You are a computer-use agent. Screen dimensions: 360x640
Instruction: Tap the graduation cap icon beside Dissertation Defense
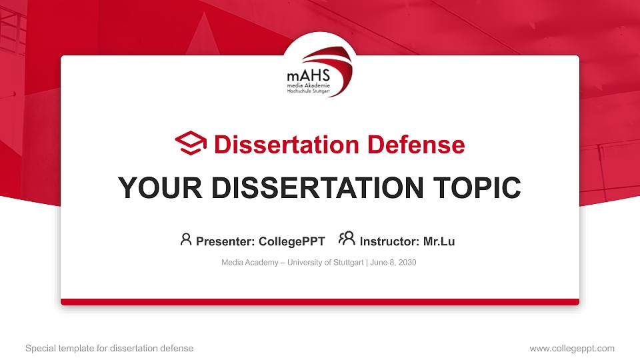coord(191,143)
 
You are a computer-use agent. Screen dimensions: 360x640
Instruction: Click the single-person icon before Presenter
coord(186,239)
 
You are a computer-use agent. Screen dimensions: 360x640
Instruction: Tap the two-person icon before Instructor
coord(347,239)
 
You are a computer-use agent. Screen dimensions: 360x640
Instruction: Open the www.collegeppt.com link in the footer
coord(572,348)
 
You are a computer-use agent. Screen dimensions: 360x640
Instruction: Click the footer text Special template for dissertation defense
coord(109,348)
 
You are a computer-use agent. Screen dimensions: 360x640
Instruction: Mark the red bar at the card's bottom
coord(320,302)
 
